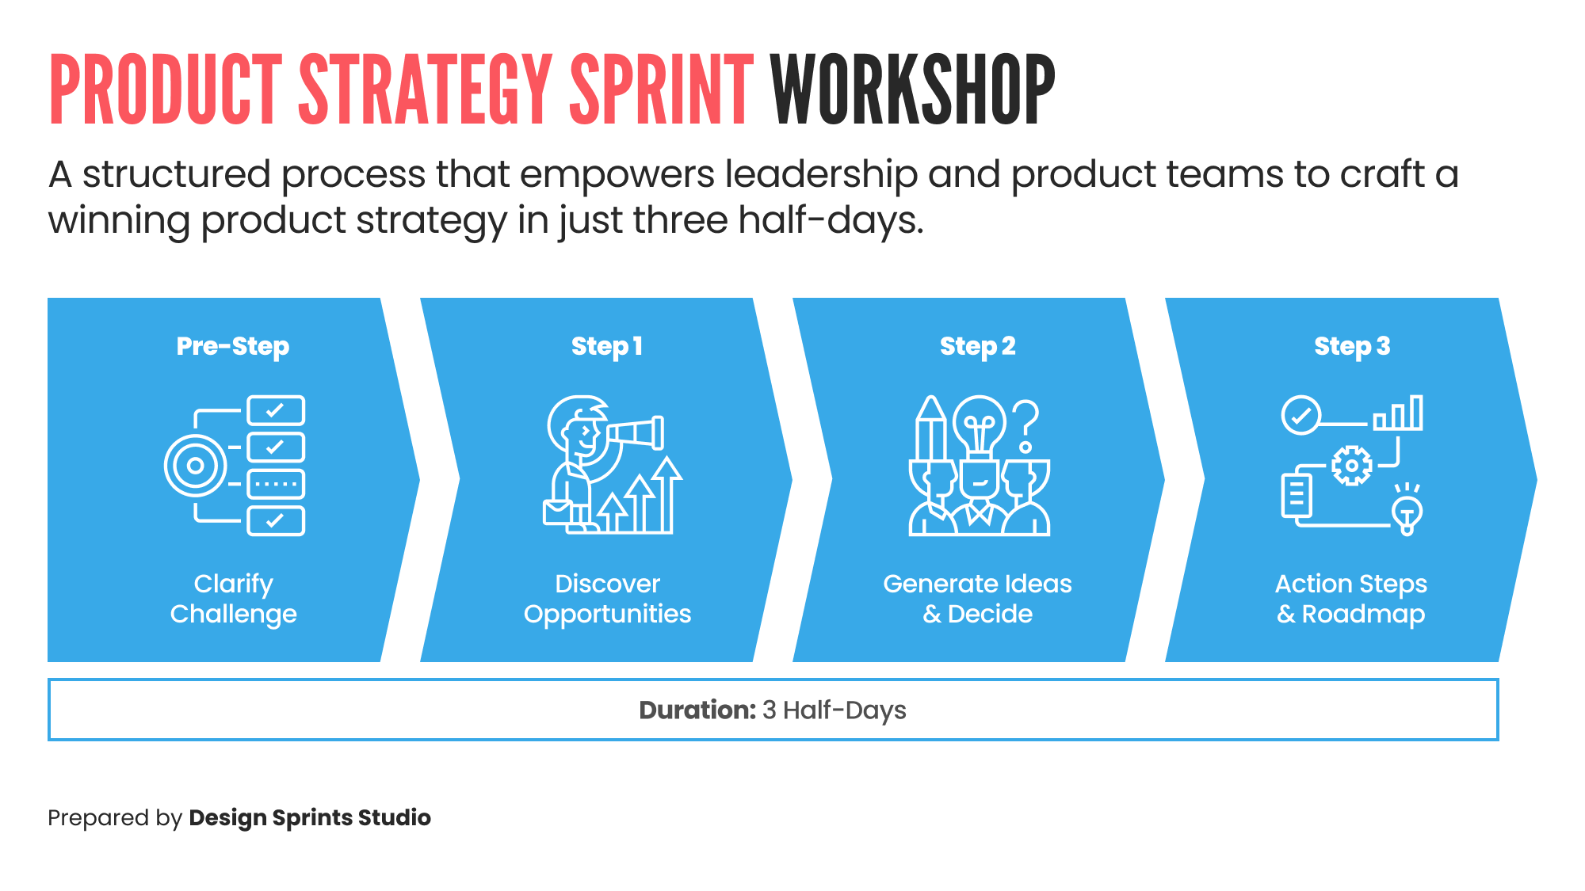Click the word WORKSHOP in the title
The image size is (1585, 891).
coord(912,89)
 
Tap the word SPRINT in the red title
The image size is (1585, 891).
coord(661,89)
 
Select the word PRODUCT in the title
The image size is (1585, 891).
coord(166,89)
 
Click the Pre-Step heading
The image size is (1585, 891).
coord(233,346)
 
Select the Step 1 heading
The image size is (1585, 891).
coord(607,346)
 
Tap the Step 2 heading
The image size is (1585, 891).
coord(977,346)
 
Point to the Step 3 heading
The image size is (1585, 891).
coord(1351,346)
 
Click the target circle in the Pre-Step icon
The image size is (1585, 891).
coord(195,466)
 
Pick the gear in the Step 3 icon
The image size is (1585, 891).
coord(1351,466)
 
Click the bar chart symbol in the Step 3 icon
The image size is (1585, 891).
coord(1399,413)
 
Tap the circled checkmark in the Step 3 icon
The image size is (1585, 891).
coord(1300,415)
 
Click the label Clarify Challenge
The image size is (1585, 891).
coord(233,599)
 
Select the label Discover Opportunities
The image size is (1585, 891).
coord(607,599)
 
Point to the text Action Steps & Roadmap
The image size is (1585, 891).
coord(1351,599)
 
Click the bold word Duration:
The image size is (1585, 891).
coord(697,710)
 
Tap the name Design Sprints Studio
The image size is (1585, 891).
coord(310,817)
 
